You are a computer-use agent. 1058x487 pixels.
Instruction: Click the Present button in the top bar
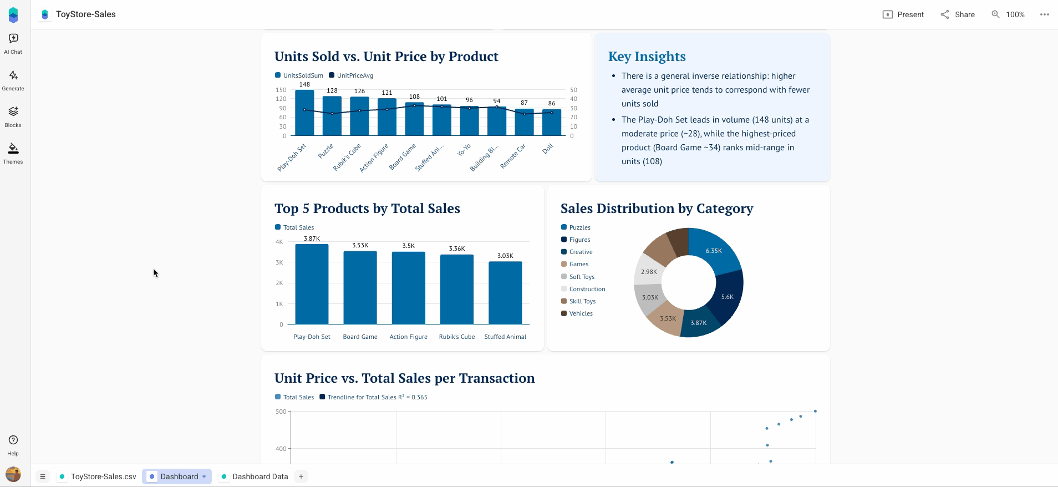tap(903, 14)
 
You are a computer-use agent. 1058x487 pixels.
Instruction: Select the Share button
tap(958, 14)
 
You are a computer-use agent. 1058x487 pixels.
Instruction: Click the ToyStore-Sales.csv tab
tap(98, 476)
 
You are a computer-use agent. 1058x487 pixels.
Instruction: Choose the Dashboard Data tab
tap(255, 476)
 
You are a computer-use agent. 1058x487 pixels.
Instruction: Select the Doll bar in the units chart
tap(552, 123)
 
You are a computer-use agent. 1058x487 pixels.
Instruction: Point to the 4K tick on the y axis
tap(279, 242)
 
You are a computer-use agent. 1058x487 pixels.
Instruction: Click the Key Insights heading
tap(647, 57)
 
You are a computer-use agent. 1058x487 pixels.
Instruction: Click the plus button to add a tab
tap(301, 476)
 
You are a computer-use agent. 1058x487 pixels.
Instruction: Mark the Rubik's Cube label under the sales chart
tap(457, 337)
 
